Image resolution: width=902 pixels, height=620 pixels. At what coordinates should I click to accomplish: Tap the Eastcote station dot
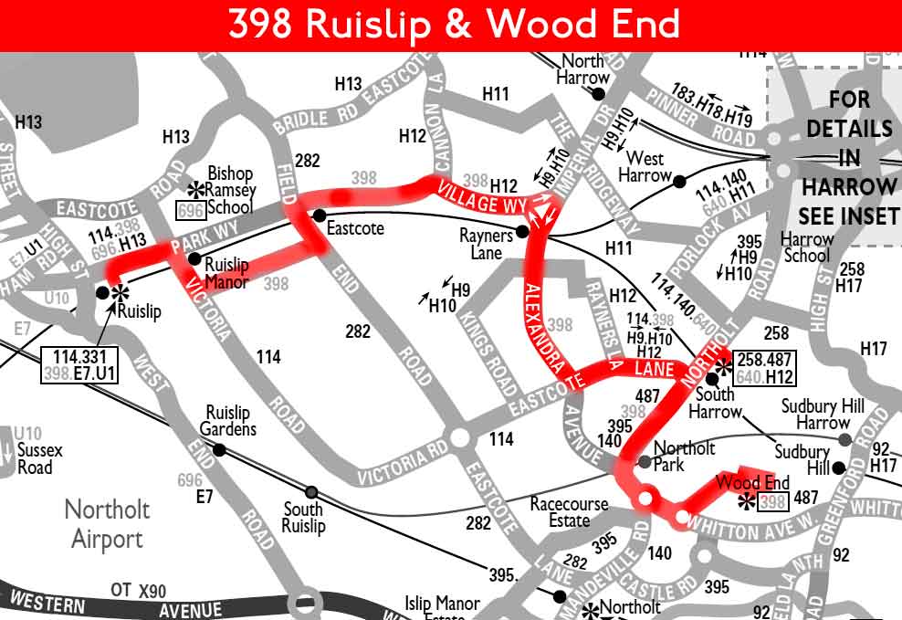point(319,215)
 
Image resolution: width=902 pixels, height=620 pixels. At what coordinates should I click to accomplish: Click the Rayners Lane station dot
point(522,232)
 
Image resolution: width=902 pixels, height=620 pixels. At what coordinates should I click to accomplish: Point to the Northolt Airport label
point(107,523)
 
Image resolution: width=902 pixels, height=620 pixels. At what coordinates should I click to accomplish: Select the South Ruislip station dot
point(312,491)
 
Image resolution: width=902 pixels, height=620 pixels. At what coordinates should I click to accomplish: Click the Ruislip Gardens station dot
point(219,449)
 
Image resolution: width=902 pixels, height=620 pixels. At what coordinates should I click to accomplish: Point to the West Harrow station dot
point(679,181)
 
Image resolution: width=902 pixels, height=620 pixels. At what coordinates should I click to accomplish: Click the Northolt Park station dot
point(645,461)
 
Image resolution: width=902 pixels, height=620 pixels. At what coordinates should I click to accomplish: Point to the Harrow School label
point(807,247)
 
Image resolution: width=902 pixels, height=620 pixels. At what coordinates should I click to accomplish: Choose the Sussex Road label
point(41,458)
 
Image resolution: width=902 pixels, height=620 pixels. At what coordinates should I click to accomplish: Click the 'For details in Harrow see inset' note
point(848,157)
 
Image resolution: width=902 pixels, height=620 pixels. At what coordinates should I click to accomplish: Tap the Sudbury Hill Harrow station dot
point(844,440)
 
